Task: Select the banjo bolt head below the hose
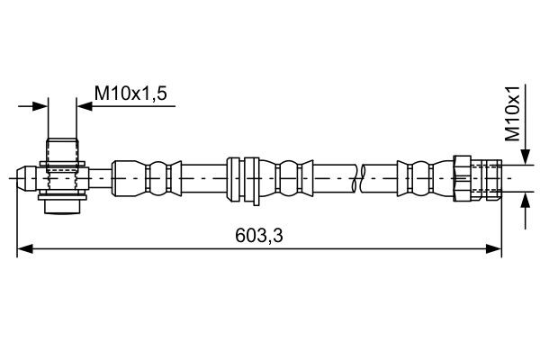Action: [62, 208]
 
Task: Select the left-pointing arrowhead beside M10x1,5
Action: [85, 106]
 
